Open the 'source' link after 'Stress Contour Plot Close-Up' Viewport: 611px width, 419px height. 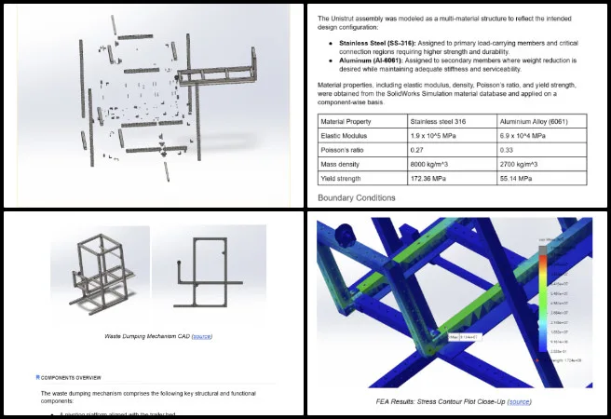tap(520, 401)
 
